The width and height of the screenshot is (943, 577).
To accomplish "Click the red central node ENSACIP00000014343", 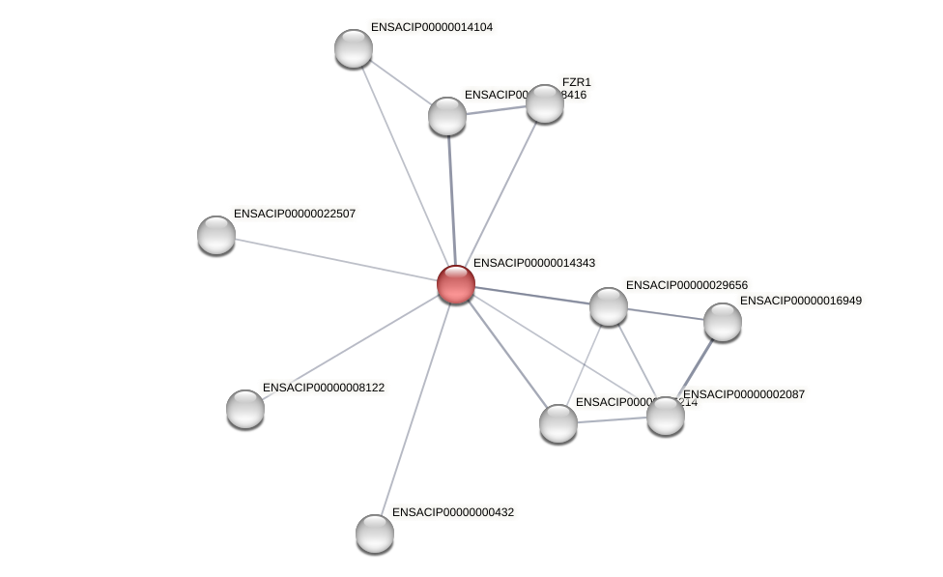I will [x=455, y=284].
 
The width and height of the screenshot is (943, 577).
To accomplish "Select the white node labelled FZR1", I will [x=544, y=103].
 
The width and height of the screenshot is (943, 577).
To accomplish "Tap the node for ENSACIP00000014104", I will [x=354, y=48].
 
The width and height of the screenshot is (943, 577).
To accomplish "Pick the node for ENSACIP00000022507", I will [x=216, y=235].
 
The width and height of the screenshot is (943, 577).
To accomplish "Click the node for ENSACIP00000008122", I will [x=245, y=409].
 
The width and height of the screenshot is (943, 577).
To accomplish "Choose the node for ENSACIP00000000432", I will [x=375, y=534].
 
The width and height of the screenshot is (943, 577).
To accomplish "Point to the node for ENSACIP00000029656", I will [x=609, y=306].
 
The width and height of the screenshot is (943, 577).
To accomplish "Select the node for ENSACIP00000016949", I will [x=723, y=322].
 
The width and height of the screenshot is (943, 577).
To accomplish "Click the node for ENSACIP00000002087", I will [x=666, y=416].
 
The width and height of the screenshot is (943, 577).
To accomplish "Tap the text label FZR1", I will [x=576, y=82].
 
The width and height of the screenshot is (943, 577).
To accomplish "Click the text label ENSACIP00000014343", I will [x=533, y=263].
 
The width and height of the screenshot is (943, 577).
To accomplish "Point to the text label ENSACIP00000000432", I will [x=452, y=512].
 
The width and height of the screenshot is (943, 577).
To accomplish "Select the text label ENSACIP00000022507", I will [x=294, y=214].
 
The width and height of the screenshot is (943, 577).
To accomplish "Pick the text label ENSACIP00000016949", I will [x=800, y=301].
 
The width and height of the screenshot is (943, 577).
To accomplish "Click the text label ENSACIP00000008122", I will [x=323, y=388].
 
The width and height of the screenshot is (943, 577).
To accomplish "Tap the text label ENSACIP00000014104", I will [x=431, y=27].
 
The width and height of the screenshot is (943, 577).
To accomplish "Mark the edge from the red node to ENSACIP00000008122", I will [x=350, y=346].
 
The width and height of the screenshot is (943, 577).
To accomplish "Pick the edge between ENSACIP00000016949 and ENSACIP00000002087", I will [x=695, y=368].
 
